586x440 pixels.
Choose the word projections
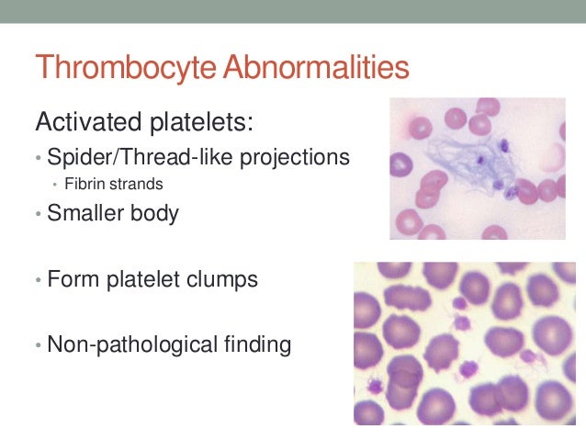(x=293, y=157)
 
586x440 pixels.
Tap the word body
(x=157, y=214)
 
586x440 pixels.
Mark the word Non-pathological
(x=131, y=345)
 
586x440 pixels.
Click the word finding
(x=257, y=345)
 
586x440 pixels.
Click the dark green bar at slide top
(x=293, y=11)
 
